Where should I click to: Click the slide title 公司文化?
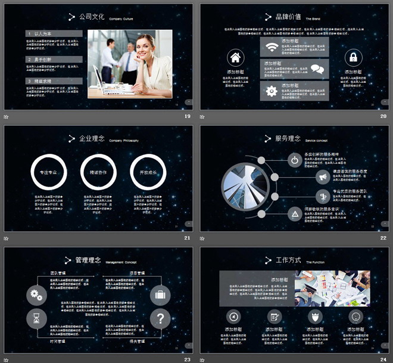(x=92, y=17)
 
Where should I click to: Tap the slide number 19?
(x=188, y=116)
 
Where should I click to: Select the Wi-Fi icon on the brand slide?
(x=272, y=47)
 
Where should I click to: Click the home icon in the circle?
(x=235, y=58)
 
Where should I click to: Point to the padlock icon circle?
(x=353, y=58)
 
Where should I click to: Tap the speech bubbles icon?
(x=317, y=69)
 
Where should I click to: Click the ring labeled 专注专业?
(x=47, y=172)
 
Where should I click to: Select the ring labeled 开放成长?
(x=146, y=172)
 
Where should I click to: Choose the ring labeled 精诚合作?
(x=97, y=172)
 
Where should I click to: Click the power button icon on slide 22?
(x=294, y=160)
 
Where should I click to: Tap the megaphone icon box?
(x=323, y=177)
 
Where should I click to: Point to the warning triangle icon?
(x=294, y=213)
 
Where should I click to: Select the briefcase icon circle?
(x=160, y=294)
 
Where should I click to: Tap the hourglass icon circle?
(x=36, y=319)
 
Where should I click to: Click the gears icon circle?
(x=36, y=294)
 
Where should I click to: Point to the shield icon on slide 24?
(x=315, y=317)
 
